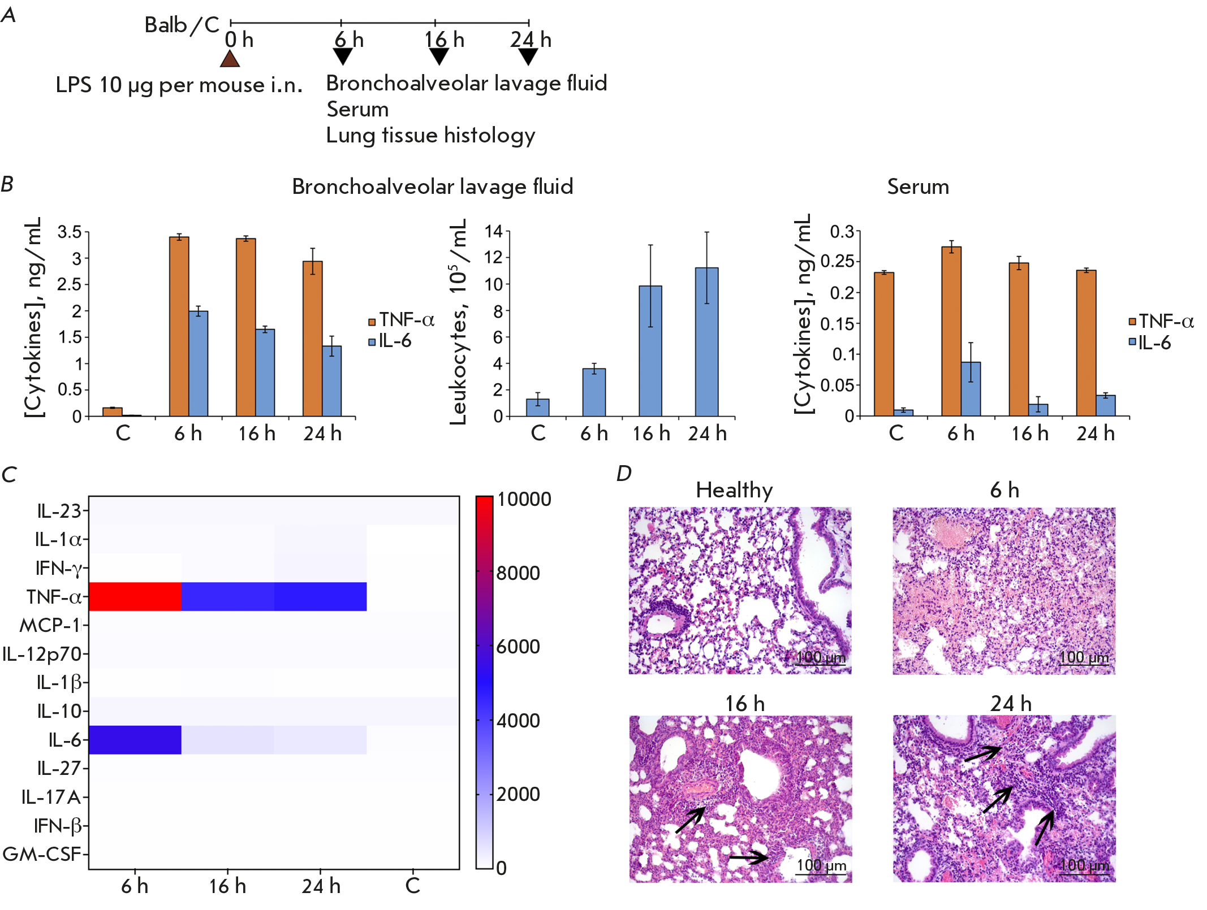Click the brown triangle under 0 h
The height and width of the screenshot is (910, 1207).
coord(229,59)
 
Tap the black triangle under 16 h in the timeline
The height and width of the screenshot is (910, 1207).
coord(439,56)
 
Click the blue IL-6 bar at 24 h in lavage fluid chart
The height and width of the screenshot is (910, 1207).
coord(331,381)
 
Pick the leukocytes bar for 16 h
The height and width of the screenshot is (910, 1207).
coord(650,350)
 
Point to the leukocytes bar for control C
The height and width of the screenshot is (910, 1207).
coord(537,407)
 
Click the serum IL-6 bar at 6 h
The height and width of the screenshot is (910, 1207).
coord(971,389)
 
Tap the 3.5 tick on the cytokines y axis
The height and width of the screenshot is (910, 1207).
coord(70,232)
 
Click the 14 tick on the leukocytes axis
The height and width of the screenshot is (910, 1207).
coord(494,231)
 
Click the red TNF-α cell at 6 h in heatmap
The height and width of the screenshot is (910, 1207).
coord(135,596)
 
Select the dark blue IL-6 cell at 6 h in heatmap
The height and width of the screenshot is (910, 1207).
coord(135,739)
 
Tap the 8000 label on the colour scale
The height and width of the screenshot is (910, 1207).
coord(518,573)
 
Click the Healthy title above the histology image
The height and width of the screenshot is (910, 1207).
coord(734,490)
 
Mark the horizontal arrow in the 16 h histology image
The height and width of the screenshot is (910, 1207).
coord(748,858)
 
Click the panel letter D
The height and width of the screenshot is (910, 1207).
coord(623,474)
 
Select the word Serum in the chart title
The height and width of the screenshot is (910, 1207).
coord(917,187)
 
